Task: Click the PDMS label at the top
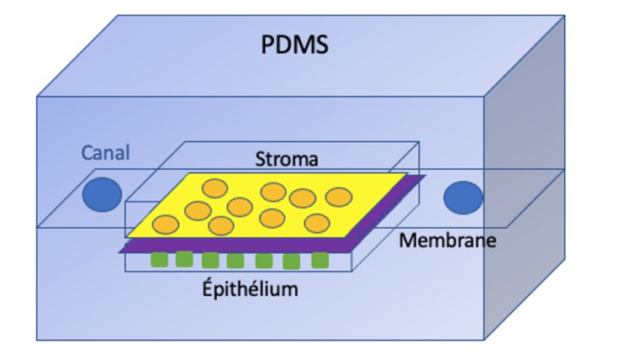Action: (x=293, y=43)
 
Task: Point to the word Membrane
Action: (x=447, y=241)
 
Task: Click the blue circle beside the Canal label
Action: (x=102, y=195)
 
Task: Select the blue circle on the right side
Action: (x=463, y=197)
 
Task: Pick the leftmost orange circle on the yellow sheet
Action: (x=166, y=225)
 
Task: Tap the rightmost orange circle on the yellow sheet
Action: (x=338, y=196)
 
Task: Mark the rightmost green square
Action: (x=319, y=260)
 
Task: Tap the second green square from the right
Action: (x=291, y=262)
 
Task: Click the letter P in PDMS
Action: (x=268, y=43)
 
